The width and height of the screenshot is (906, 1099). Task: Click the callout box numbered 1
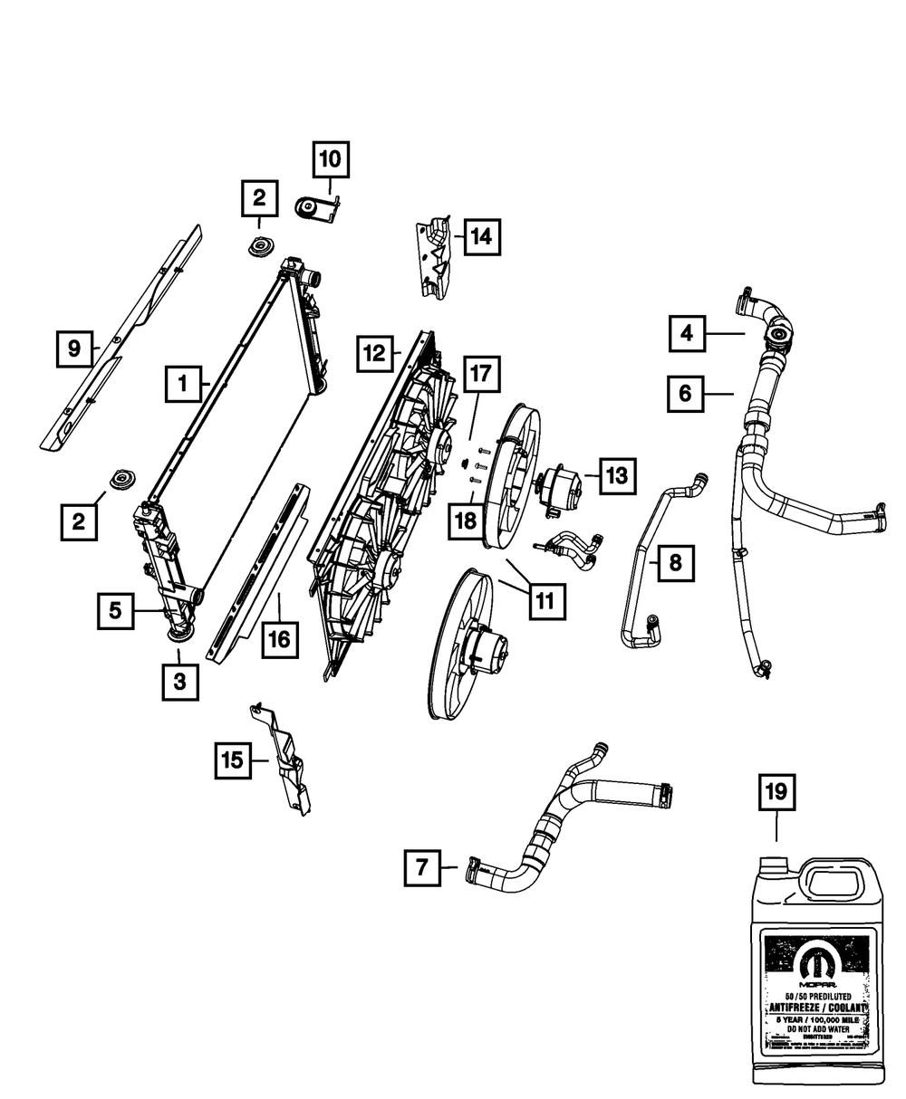click(182, 384)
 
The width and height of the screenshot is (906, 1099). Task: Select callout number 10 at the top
click(331, 160)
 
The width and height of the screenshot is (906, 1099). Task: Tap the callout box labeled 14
click(481, 237)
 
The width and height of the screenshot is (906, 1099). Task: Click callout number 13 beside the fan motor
click(616, 475)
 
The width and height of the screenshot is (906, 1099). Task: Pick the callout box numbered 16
click(278, 639)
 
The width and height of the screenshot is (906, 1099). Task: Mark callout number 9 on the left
click(74, 347)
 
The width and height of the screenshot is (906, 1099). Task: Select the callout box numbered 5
click(116, 611)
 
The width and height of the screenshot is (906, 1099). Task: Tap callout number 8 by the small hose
click(675, 563)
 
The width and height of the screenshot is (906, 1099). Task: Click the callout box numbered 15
click(233, 760)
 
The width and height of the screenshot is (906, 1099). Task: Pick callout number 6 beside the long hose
click(685, 393)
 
